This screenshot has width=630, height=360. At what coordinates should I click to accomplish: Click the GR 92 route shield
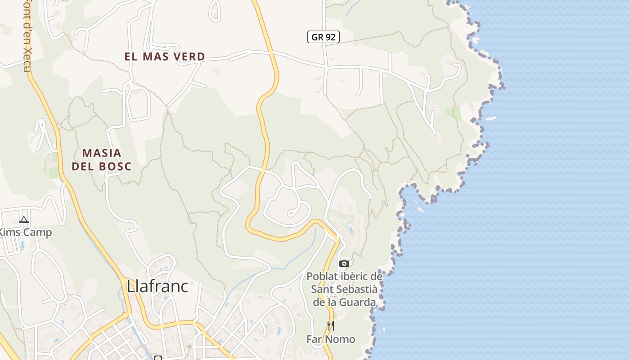[323, 37]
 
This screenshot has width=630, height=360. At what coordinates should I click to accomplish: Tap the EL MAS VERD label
[165, 57]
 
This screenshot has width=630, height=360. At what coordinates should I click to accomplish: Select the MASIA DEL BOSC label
[102, 160]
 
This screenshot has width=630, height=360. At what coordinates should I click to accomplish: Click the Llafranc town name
[157, 286]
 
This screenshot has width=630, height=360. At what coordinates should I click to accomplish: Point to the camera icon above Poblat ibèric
[344, 263]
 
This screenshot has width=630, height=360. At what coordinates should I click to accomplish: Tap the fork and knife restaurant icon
[331, 325]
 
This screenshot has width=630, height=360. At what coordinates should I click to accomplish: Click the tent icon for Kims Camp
[24, 220]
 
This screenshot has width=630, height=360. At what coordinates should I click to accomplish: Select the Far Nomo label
[331, 339]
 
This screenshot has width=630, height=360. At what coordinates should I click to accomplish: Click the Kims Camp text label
[25, 233]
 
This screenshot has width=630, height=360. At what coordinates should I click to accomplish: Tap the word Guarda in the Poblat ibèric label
[359, 302]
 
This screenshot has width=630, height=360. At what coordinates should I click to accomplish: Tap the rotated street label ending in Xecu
[27, 36]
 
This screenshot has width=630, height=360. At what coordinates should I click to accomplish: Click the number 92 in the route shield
[330, 37]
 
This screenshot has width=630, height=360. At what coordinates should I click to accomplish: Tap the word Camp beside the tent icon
[37, 233]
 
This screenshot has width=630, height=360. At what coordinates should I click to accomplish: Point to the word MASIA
[102, 153]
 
